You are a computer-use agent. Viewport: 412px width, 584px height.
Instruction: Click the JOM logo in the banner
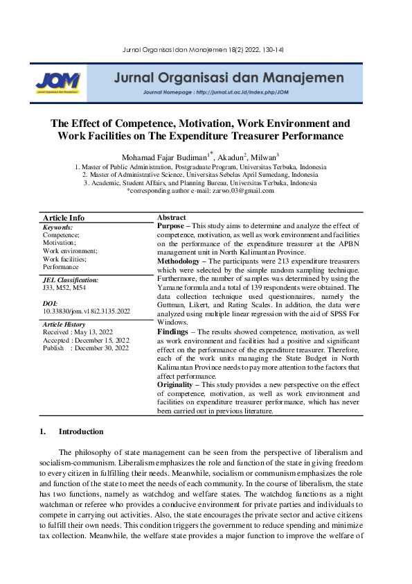(x=58, y=83)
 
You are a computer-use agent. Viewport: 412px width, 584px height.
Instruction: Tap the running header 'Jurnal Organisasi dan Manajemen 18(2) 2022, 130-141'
(x=206, y=49)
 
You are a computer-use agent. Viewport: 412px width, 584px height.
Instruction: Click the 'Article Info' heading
(x=64, y=218)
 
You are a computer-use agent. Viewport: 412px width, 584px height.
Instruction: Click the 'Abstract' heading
(x=172, y=218)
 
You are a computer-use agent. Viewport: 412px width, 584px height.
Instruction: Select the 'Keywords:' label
(x=57, y=227)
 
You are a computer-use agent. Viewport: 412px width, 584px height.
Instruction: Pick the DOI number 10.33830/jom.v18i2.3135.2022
(x=87, y=312)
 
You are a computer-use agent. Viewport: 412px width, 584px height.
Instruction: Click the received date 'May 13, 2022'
(x=94, y=332)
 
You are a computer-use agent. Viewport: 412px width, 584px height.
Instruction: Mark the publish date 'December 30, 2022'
(x=105, y=348)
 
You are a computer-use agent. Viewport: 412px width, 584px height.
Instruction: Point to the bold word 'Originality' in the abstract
(x=177, y=384)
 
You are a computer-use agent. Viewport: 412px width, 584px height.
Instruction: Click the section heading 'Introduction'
(x=81, y=431)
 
